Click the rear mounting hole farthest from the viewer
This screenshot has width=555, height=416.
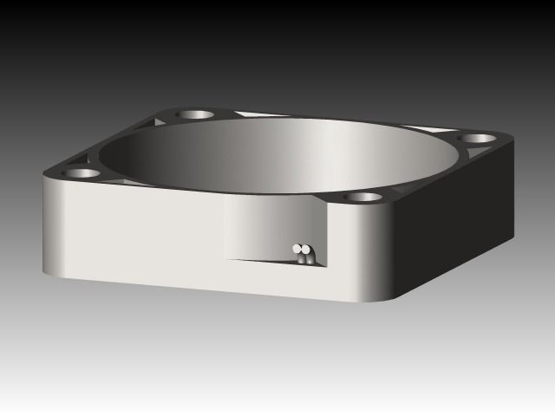point(196,114)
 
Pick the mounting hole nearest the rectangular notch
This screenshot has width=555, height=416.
point(364,197)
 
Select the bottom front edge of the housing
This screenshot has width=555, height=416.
point(217,289)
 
